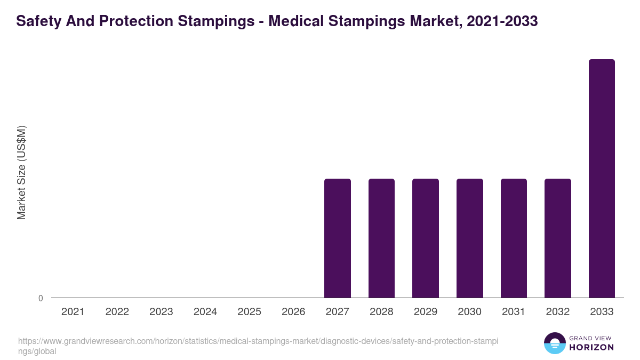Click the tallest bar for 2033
pos(602,178)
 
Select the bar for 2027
pos(338,238)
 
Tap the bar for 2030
pos(469,238)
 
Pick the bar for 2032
pos(557,238)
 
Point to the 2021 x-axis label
pos(73,312)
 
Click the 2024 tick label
pos(205,312)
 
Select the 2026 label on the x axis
pos(293,312)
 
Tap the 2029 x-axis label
pos(426,312)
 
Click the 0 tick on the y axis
pos(41,298)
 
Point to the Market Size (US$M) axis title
pos(21,172)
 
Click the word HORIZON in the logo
pos(591,347)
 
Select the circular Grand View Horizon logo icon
pos(555,343)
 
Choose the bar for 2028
pos(381,238)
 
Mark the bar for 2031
pos(514,238)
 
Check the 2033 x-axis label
pos(602,312)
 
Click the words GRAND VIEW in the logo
pos(591,338)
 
